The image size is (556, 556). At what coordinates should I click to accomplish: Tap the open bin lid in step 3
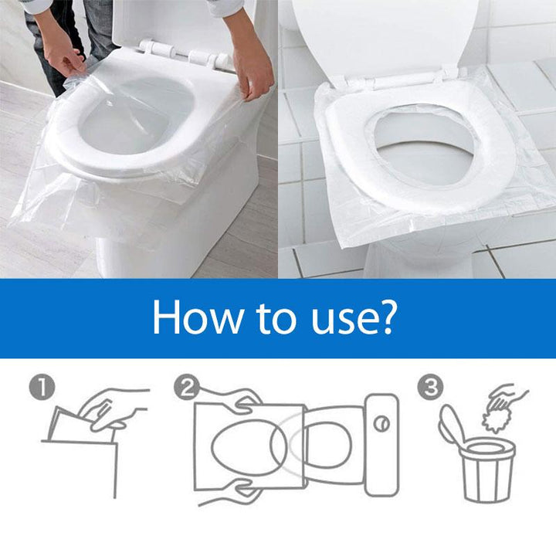coord(452,425)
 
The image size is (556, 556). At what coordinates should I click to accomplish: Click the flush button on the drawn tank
coord(381,424)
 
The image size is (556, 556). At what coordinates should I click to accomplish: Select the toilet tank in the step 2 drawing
coord(381,444)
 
